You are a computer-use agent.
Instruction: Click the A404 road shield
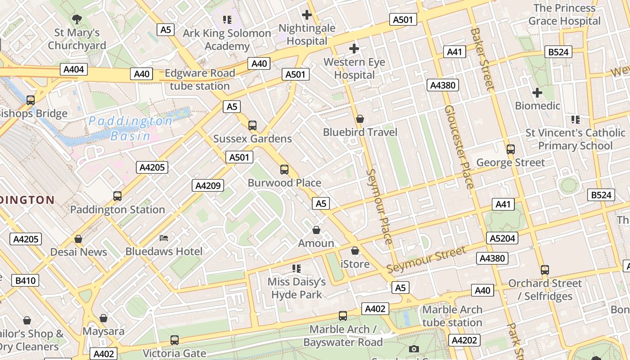[74, 69]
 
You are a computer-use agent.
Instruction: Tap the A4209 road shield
[208, 185]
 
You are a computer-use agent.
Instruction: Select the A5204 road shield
[502, 238]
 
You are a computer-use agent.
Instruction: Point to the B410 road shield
[26, 281]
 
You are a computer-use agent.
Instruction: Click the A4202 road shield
[464, 340]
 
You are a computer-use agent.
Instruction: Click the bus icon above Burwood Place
[284, 170]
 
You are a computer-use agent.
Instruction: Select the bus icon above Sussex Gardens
[252, 126]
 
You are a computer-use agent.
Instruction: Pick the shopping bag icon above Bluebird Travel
[360, 119]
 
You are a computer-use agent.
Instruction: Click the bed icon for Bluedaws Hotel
[164, 238]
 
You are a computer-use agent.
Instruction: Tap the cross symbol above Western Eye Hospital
[354, 49]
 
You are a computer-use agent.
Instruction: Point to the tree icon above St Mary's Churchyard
[77, 19]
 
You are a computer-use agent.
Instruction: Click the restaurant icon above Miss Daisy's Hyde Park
[297, 269]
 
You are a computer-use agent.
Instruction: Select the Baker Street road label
[482, 58]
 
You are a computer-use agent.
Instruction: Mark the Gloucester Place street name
[459, 147]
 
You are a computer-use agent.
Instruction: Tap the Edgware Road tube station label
[200, 79]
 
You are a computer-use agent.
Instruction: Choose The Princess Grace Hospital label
[564, 14]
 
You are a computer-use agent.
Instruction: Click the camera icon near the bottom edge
[414, 349]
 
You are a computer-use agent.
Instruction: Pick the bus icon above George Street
[510, 149]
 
